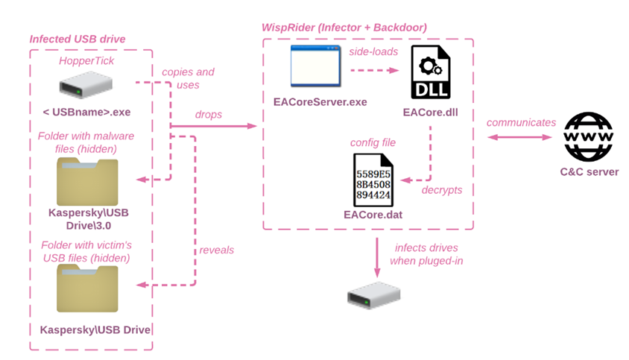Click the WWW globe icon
pos(589,136)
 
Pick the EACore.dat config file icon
pos(373,180)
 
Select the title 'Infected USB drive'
pos(78,39)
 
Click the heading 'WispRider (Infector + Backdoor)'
pos(344,28)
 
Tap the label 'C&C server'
pos(590,172)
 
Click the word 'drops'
pos(209,115)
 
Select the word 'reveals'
pos(217,250)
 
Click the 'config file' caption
pos(373,142)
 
